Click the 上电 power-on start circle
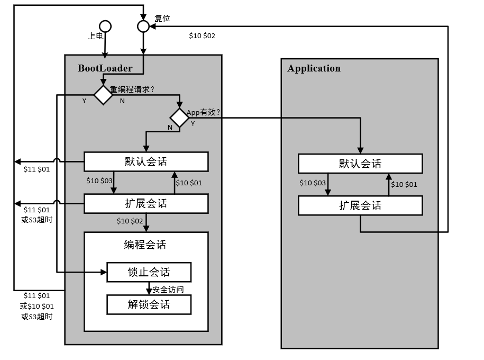click(x=105, y=26)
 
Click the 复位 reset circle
click(x=143, y=26)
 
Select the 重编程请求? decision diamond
click(x=103, y=95)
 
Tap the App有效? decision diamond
click(x=179, y=118)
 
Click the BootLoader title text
click(x=104, y=68)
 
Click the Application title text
click(x=314, y=68)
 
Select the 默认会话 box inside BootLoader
click(x=146, y=161)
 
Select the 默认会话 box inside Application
click(x=360, y=164)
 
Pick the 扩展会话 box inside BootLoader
click(x=146, y=203)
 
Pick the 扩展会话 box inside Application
click(x=360, y=205)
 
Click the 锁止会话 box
click(x=149, y=273)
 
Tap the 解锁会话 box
click(x=149, y=304)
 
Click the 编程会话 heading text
click(x=145, y=245)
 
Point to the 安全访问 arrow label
click(x=168, y=290)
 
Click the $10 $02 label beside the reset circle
click(x=202, y=36)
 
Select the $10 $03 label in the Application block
click(x=313, y=183)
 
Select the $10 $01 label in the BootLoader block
click(x=189, y=183)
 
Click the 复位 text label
click(x=162, y=19)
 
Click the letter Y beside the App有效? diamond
click(x=193, y=123)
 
